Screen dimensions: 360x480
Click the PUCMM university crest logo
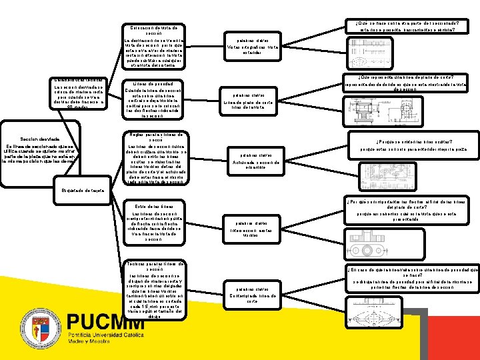[x=45, y=331]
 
